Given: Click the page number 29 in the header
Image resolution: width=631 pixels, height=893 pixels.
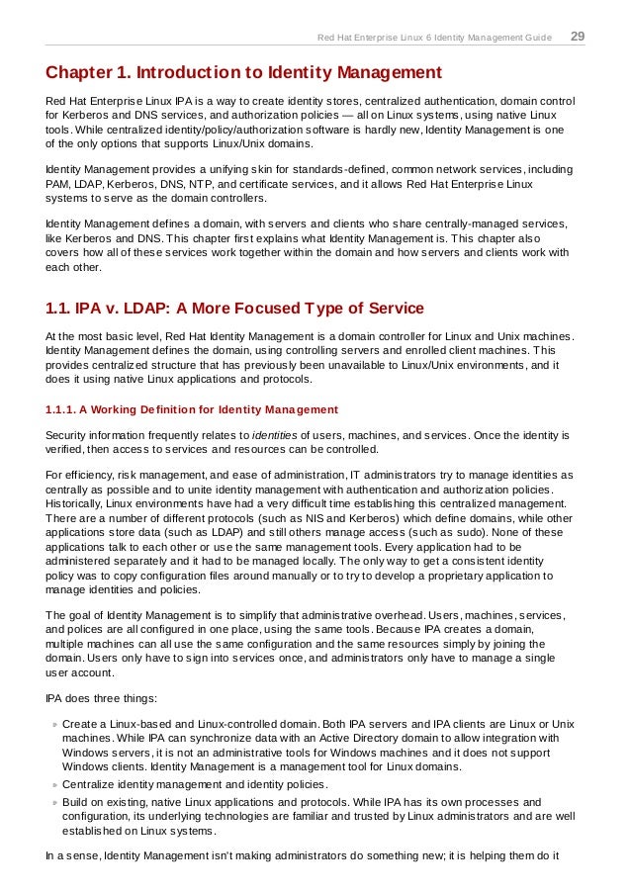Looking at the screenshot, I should click(578, 37).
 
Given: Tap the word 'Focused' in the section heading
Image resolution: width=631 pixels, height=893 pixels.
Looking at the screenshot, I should click(235, 310).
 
